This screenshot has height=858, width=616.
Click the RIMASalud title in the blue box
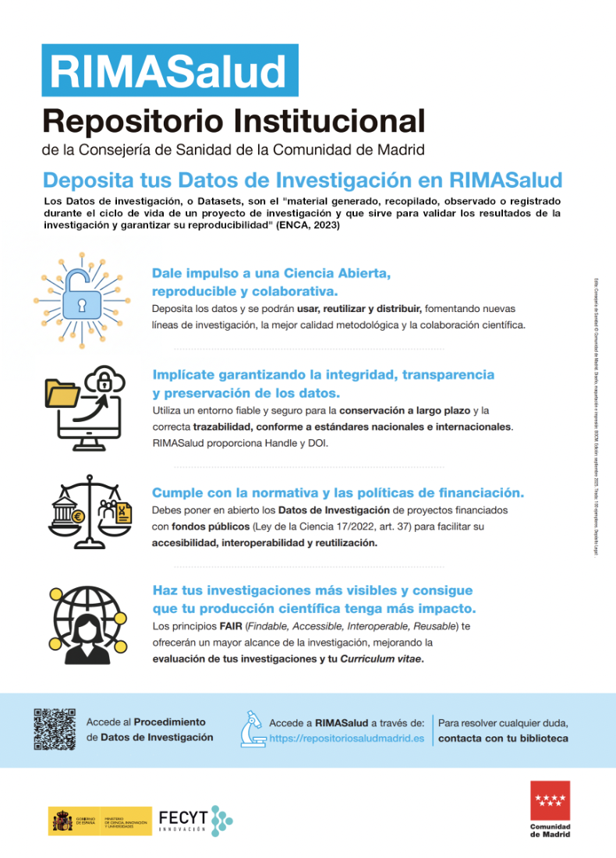168,71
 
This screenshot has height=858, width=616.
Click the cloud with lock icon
105,381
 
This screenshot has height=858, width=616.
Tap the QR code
55,729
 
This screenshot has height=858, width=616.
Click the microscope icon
252,729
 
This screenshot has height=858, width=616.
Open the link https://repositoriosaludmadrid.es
347,738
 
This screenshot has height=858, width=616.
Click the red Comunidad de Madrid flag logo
550,800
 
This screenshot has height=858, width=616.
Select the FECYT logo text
183,817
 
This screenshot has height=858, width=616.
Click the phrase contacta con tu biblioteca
503,738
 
